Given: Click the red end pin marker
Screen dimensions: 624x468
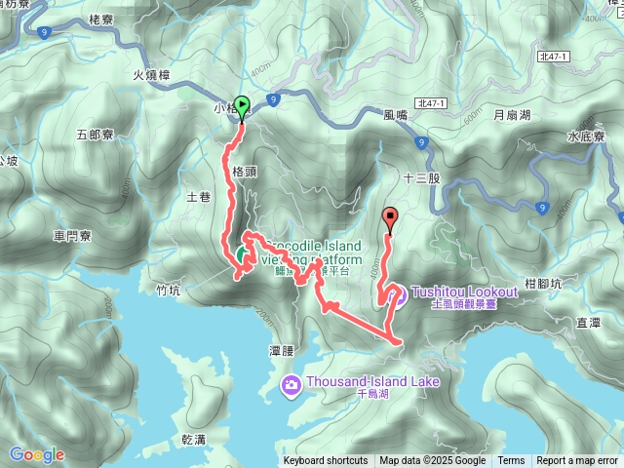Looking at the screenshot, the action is point(391,219).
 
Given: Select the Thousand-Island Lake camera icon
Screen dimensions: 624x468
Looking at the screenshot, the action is point(291,384).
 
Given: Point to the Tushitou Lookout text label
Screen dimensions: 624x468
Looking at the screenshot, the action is point(463,292).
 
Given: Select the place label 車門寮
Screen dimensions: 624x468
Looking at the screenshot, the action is point(73,235).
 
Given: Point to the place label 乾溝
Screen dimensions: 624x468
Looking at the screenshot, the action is point(193,440).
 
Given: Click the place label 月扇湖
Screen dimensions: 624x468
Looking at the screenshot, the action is point(512,115).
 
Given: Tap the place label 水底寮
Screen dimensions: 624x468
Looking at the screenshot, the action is point(586,136).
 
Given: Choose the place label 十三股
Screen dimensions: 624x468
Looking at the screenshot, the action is point(421,179).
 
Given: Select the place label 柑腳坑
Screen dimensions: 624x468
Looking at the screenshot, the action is point(542,284).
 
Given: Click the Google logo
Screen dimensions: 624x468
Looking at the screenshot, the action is point(36,454).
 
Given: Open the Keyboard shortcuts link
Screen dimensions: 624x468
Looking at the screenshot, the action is point(325,461).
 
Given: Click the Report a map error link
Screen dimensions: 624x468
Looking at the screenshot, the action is point(578,461).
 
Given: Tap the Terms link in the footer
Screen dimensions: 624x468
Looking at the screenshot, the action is point(511,461).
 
